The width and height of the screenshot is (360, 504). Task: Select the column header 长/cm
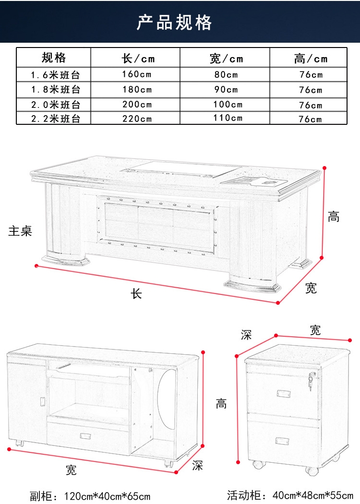click(138, 59)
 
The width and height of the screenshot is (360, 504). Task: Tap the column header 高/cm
click(311, 59)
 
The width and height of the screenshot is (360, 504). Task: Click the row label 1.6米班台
click(55, 75)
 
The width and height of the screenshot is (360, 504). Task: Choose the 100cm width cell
click(228, 105)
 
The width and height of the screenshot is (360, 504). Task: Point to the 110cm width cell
click(228, 119)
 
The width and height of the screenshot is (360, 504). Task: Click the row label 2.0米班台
click(55, 105)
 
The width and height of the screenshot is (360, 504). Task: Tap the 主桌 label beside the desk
click(20, 231)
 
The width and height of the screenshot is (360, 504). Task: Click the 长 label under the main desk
click(136, 294)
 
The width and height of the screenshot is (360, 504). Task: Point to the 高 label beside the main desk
click(334, 217)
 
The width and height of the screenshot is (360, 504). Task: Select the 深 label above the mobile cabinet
click(246, 335)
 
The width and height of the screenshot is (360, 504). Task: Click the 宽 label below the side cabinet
click(71, 470)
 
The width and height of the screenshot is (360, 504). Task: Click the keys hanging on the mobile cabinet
click(311, 382)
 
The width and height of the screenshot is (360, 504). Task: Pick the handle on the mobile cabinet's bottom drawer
click(282, 441)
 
